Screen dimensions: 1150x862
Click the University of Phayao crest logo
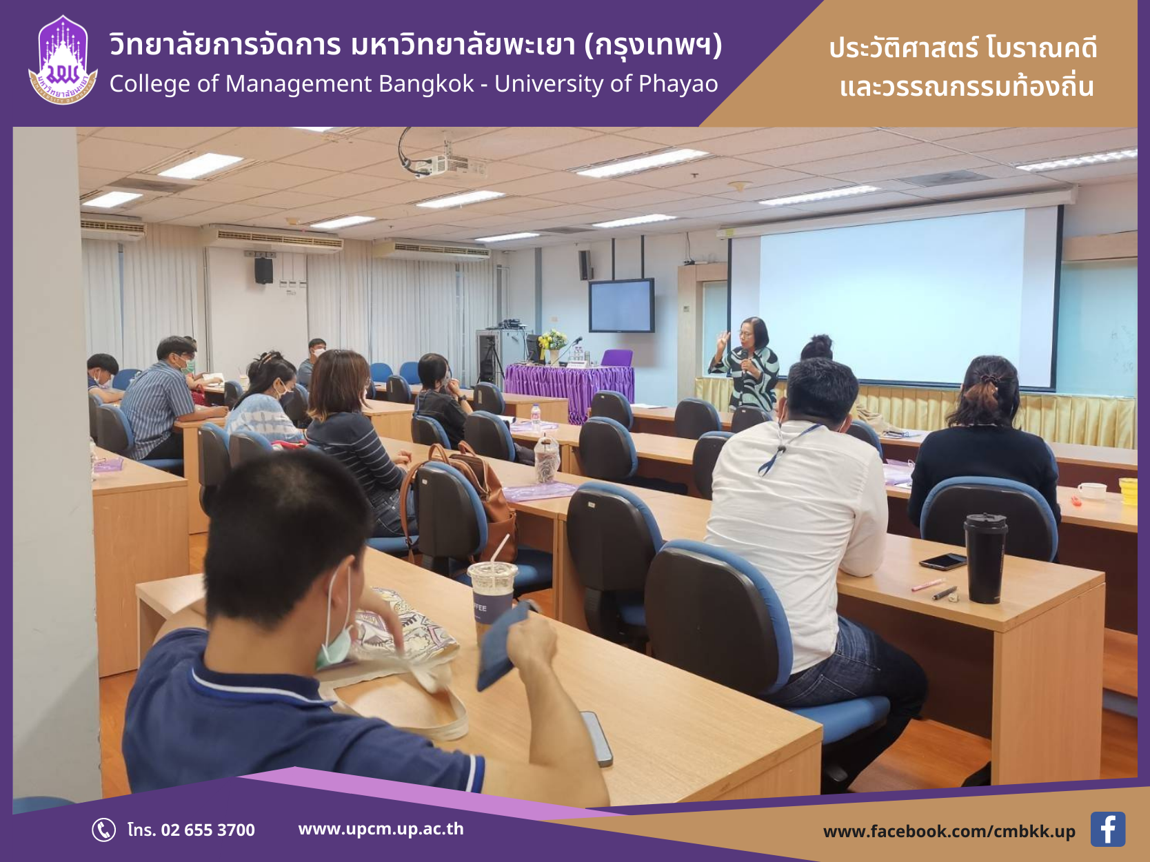[x=63, y=60]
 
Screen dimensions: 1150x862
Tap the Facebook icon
[x=1107, y=829]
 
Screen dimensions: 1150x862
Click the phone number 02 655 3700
[x=208, y=830]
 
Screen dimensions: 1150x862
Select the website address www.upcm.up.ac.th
[x=381, y=829]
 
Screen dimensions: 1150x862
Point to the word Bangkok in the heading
[x=426, y=84]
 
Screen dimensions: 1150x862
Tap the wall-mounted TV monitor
[x=621, y=305]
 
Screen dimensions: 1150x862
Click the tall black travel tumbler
[x=985, y=557]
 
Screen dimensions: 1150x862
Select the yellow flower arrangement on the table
[x=553, y=343]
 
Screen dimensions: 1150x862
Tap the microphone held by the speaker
[x=743, y=360]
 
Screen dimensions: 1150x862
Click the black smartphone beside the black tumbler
[x=942, y=561]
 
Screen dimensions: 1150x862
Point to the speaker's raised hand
[x=723, y=341]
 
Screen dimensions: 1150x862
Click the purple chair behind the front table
[x=616, y=358]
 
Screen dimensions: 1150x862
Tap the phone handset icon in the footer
[x=103, y=830]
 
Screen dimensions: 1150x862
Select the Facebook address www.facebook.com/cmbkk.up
[x=949, y=831]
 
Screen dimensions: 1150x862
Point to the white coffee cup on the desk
[x=1092, y=491]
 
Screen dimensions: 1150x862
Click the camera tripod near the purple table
[x=490, y=361]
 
